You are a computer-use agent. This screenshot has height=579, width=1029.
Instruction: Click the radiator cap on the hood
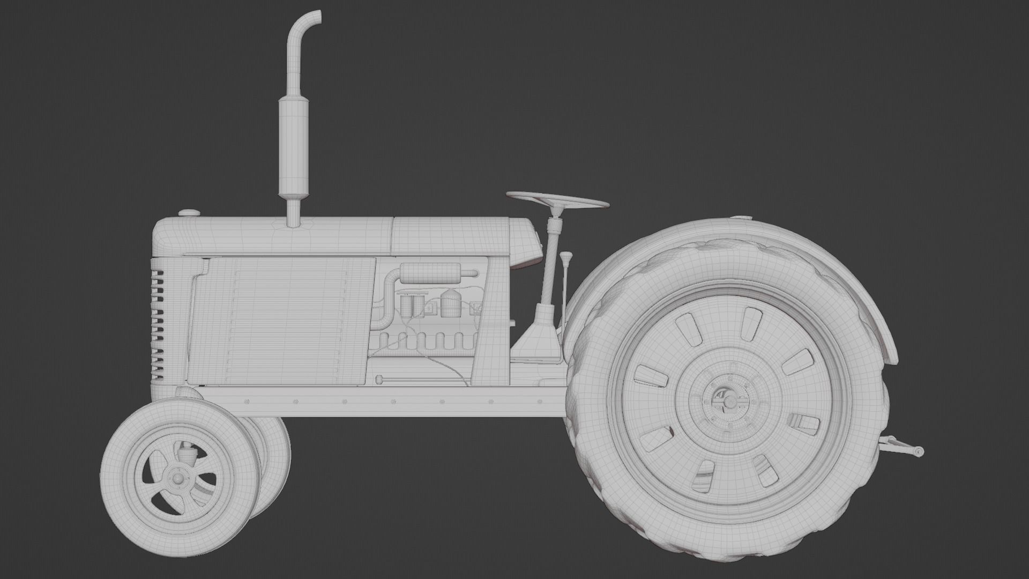click(189, 213)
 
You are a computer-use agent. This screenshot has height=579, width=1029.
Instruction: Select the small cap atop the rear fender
click(741, 218)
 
